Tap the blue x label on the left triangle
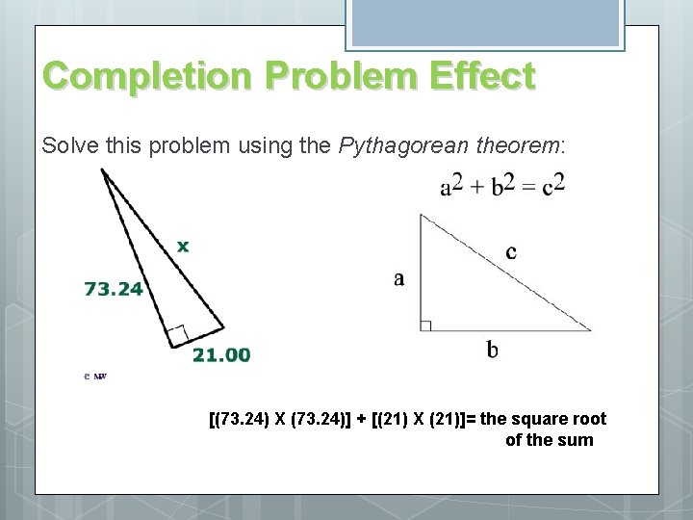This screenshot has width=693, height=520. tap(183, 246)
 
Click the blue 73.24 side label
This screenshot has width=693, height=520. tap(114, 288)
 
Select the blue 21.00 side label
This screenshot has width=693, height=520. tap(221, 354)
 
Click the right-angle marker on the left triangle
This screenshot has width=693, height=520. tap(177, 335)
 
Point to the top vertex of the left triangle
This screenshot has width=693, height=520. tap(103, 170)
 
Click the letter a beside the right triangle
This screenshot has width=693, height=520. tap(399, 279)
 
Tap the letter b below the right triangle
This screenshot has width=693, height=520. tap(492, 350)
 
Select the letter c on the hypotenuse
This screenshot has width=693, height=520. tap(510, 252)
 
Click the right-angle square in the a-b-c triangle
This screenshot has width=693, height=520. tap(426, 325)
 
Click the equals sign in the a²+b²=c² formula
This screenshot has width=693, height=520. tap(528, 186)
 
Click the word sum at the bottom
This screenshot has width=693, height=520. tap(577, 440)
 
